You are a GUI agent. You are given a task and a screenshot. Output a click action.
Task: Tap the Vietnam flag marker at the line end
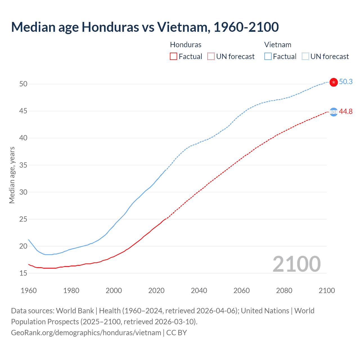click(x=334, y=82)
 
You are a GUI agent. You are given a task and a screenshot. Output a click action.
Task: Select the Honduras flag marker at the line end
click(x=334, y=112)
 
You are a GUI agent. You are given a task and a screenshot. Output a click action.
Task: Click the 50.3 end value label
click(x=346, y=82)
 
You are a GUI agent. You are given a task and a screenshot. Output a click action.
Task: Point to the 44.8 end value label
click(x=346, y=112)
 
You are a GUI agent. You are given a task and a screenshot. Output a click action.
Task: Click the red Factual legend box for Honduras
click(x=174, y=57)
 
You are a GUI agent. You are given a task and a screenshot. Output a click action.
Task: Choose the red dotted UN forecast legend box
click(x=211, y=57)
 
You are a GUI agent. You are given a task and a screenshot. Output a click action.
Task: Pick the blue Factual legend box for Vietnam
click(x=268, y=57)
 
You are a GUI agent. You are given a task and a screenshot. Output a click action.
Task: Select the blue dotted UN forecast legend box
click(x=305, y=57)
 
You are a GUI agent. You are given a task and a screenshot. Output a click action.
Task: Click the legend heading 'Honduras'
click(x=186, y=45)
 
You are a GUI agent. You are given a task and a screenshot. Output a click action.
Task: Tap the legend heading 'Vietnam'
click(x=278, y=45)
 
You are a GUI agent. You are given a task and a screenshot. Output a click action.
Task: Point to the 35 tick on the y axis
click(x=23, y=165)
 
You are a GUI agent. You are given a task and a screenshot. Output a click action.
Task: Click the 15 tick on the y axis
click(x=23, y=273)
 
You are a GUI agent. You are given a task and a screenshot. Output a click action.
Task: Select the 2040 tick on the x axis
click(x=199, y=291)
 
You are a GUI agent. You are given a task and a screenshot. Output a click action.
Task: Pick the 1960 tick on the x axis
click(x=29, y=291)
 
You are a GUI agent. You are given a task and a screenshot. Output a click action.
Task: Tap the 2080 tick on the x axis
click(x=284, y=291)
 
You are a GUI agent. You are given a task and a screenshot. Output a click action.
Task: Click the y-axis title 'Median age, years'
click(x=12, y=175)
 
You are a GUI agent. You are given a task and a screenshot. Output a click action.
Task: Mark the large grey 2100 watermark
click(x=296, y=264)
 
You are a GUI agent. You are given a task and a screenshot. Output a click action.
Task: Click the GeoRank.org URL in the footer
click(x=86, y=333)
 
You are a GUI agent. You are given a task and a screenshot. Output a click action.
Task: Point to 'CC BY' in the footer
click(x=177, y=333)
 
